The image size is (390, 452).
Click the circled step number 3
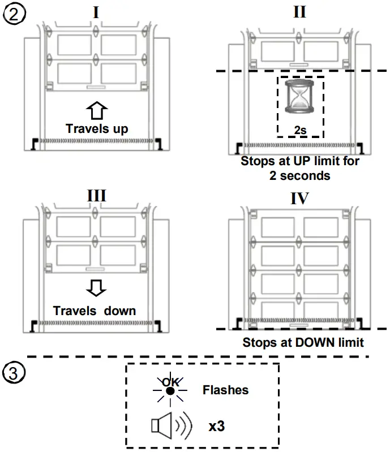pos(14,374)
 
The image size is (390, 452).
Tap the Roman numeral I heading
pos(96,12)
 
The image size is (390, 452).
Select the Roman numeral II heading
pos(299,12)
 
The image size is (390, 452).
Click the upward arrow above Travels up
pos(96,110)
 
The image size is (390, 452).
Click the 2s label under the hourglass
pos(300,130)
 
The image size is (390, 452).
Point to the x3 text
pos(216,426)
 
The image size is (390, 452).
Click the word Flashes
pos(225,390)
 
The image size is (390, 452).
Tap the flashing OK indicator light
pos(170,390)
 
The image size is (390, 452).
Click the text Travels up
pos(96,128)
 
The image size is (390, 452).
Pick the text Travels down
pos(95,311)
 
